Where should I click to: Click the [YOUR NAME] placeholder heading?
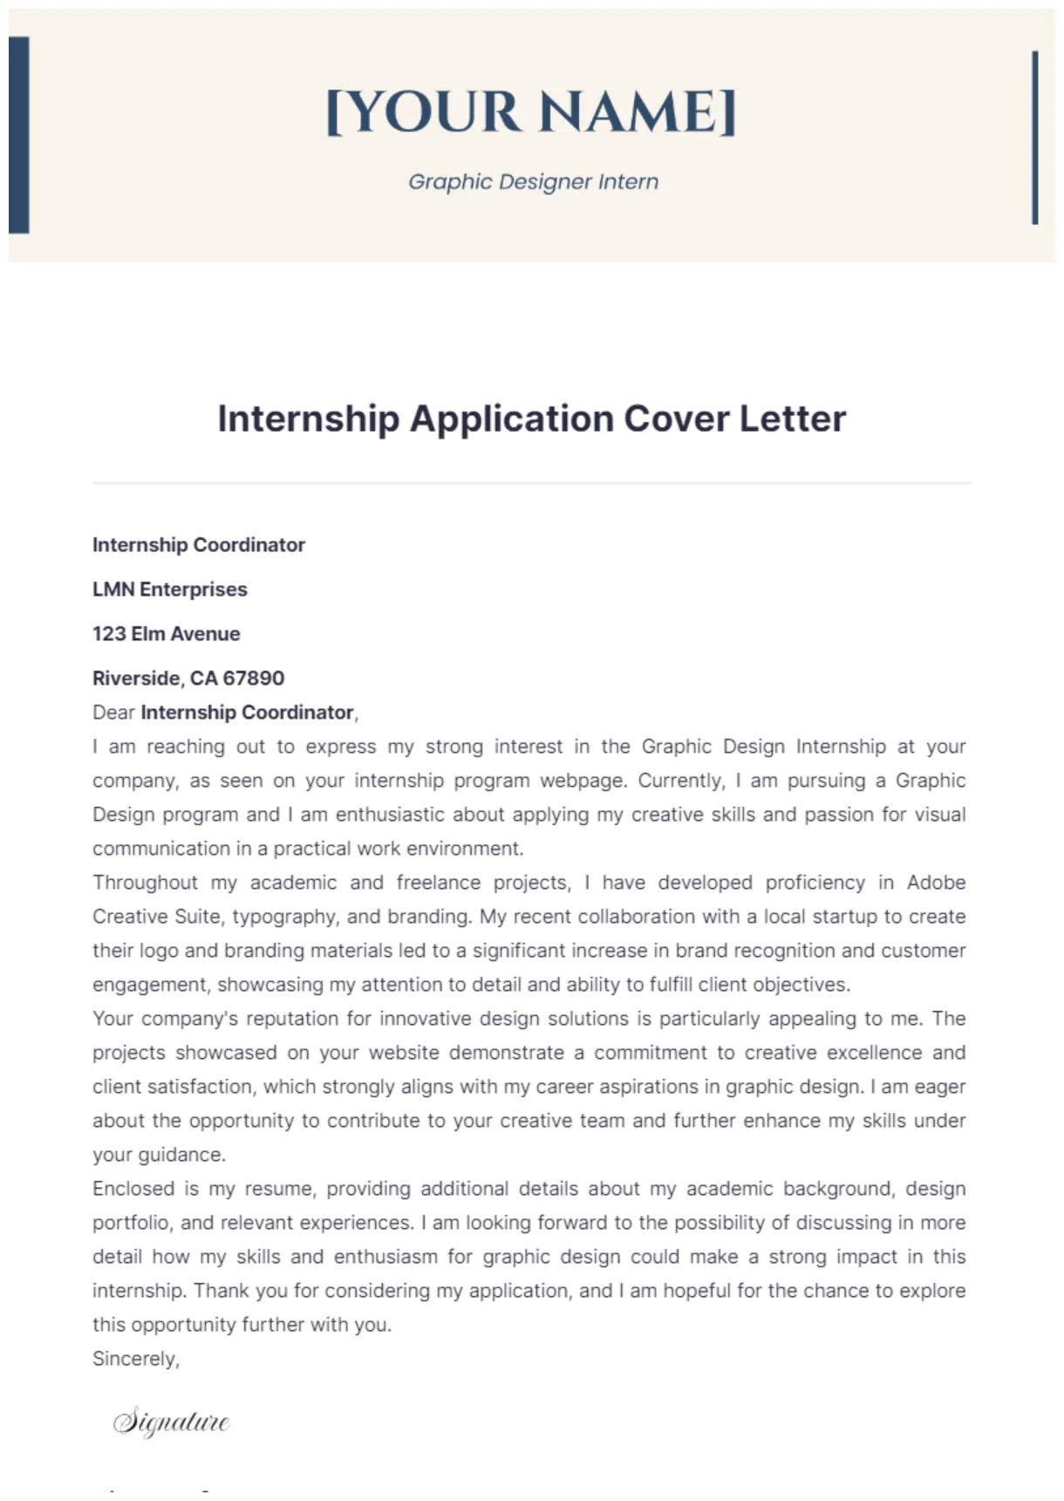tap(531, 113)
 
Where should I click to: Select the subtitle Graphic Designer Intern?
tap(533, 182)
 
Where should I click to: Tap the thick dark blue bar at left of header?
tap(19, 135)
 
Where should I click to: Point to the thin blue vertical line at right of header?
tap(1034, 138)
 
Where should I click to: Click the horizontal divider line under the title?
tap(531, 482)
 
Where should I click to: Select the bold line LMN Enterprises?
tap(170, 590)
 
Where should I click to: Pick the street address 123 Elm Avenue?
tap(166, 634)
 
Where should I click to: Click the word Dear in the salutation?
tap(113, 713)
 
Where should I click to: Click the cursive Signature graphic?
tap(171, 1422)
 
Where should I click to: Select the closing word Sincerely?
tap(135, 1359)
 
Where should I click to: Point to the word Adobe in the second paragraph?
tap(936, 883)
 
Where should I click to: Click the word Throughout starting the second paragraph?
tap(145, 883)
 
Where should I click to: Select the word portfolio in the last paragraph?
tap(131, 1223)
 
